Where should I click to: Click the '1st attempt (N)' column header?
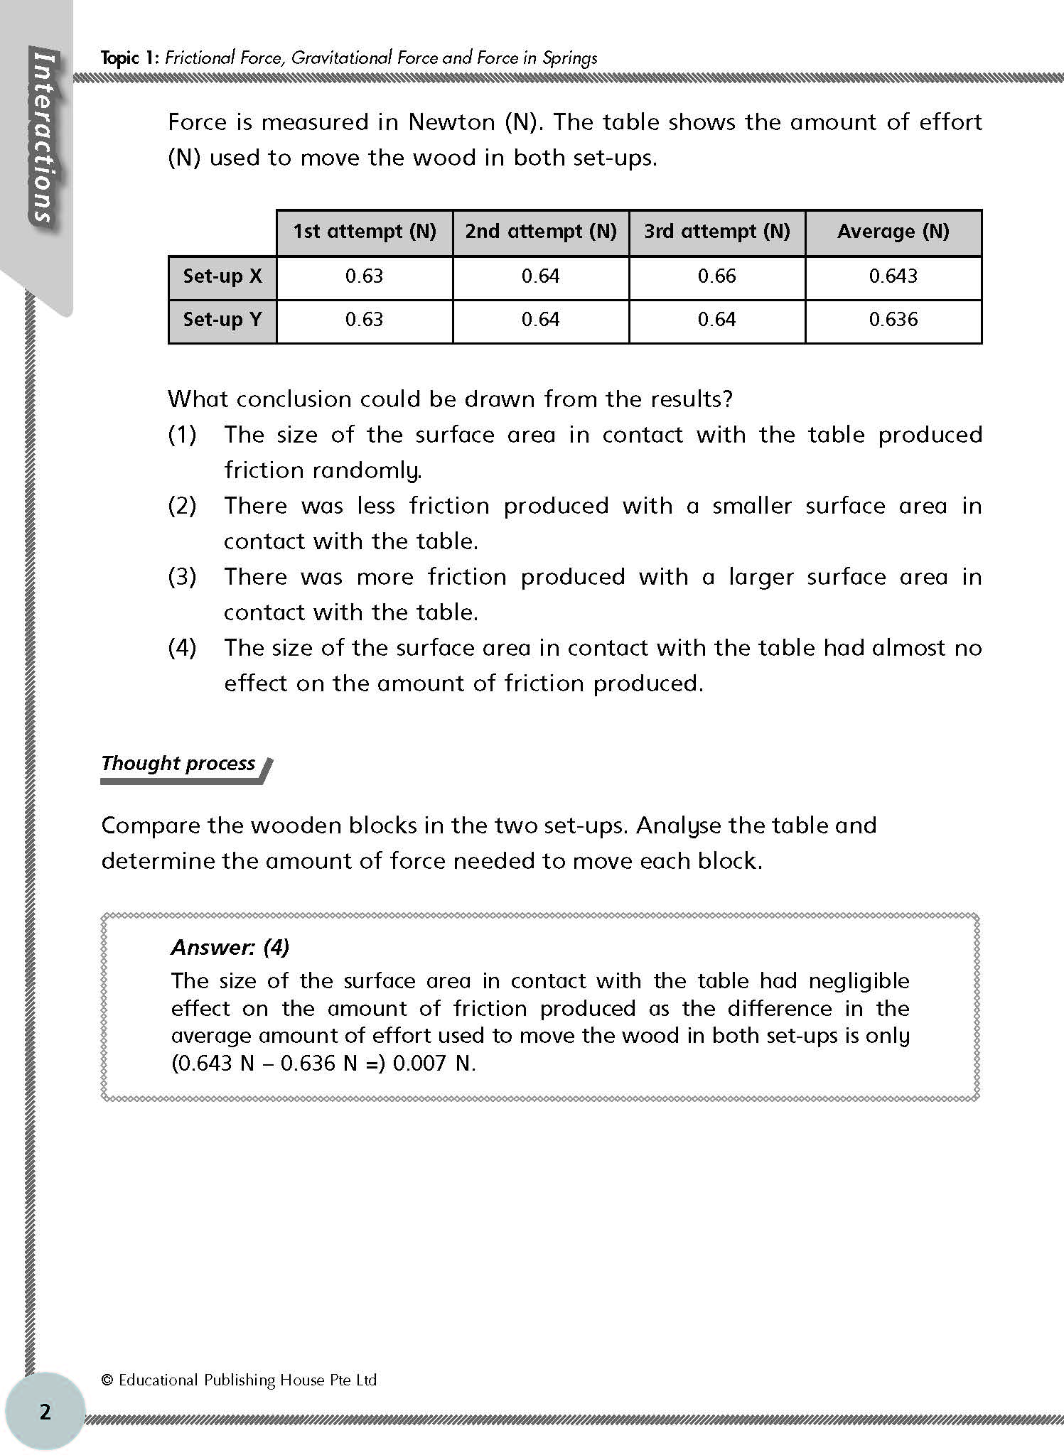(365, 232)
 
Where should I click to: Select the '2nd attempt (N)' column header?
(541, 232)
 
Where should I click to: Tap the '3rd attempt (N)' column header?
(717, 232)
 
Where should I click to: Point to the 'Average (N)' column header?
(893, 232)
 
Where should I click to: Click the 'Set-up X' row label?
(222, 276)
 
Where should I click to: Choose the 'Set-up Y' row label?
(222, 320)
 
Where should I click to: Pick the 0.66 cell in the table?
(716, 276)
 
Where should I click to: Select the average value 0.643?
(893, 276)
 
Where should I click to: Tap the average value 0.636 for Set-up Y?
(893, 320)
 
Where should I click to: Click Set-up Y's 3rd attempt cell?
(716, 320)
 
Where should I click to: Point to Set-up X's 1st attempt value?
(364, 276)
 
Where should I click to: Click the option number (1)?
(183, 435)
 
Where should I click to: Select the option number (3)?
(183, 577)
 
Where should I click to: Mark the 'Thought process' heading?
(178, 764)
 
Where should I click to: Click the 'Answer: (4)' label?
(230, 947)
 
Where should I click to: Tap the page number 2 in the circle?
(45, 1412)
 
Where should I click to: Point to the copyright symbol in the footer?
(107, 1380)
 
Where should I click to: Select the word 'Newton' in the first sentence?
(451, 122)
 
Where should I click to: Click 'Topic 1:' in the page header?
(130, 58)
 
